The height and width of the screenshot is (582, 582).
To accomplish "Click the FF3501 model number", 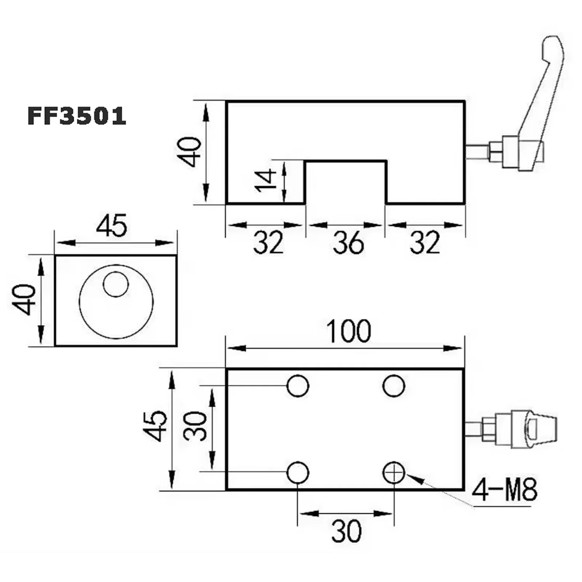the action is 77,116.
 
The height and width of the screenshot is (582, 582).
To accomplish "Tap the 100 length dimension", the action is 348,331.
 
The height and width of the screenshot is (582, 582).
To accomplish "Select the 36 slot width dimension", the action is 348,243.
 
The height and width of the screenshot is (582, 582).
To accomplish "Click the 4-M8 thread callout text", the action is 505,490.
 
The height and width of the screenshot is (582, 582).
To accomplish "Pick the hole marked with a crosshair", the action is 394,473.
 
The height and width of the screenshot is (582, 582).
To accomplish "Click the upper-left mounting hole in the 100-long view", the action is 298,386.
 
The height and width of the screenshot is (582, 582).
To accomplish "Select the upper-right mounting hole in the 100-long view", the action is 394,386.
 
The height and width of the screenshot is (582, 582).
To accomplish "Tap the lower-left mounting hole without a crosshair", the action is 298,473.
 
